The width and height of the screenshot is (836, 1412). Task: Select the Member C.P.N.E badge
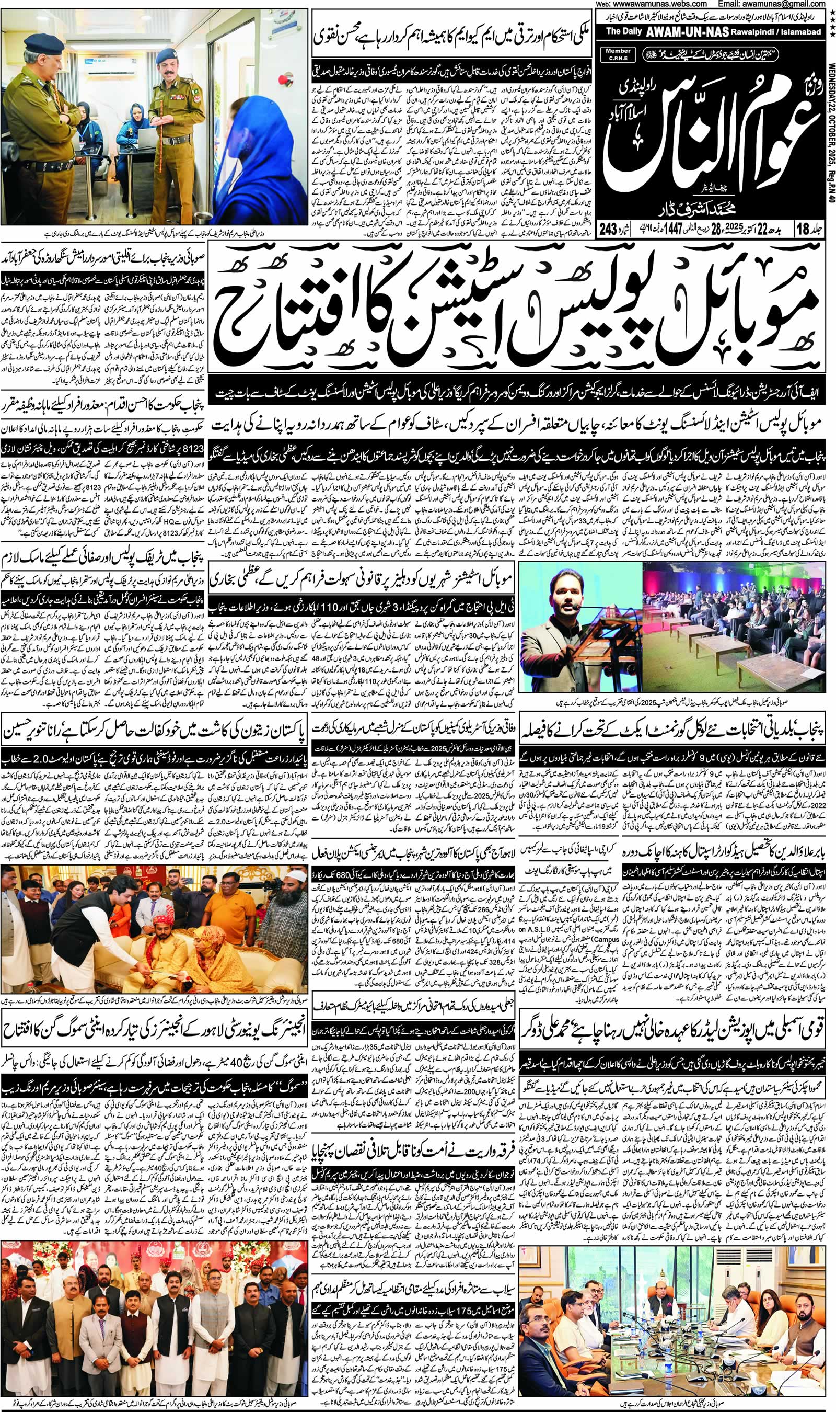tap(619, 53)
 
